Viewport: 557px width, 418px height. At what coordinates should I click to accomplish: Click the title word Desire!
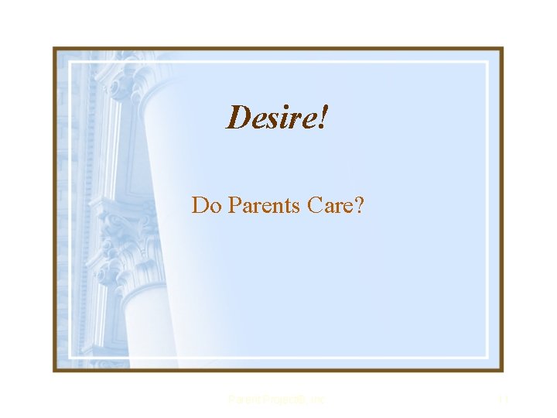(278, 118)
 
